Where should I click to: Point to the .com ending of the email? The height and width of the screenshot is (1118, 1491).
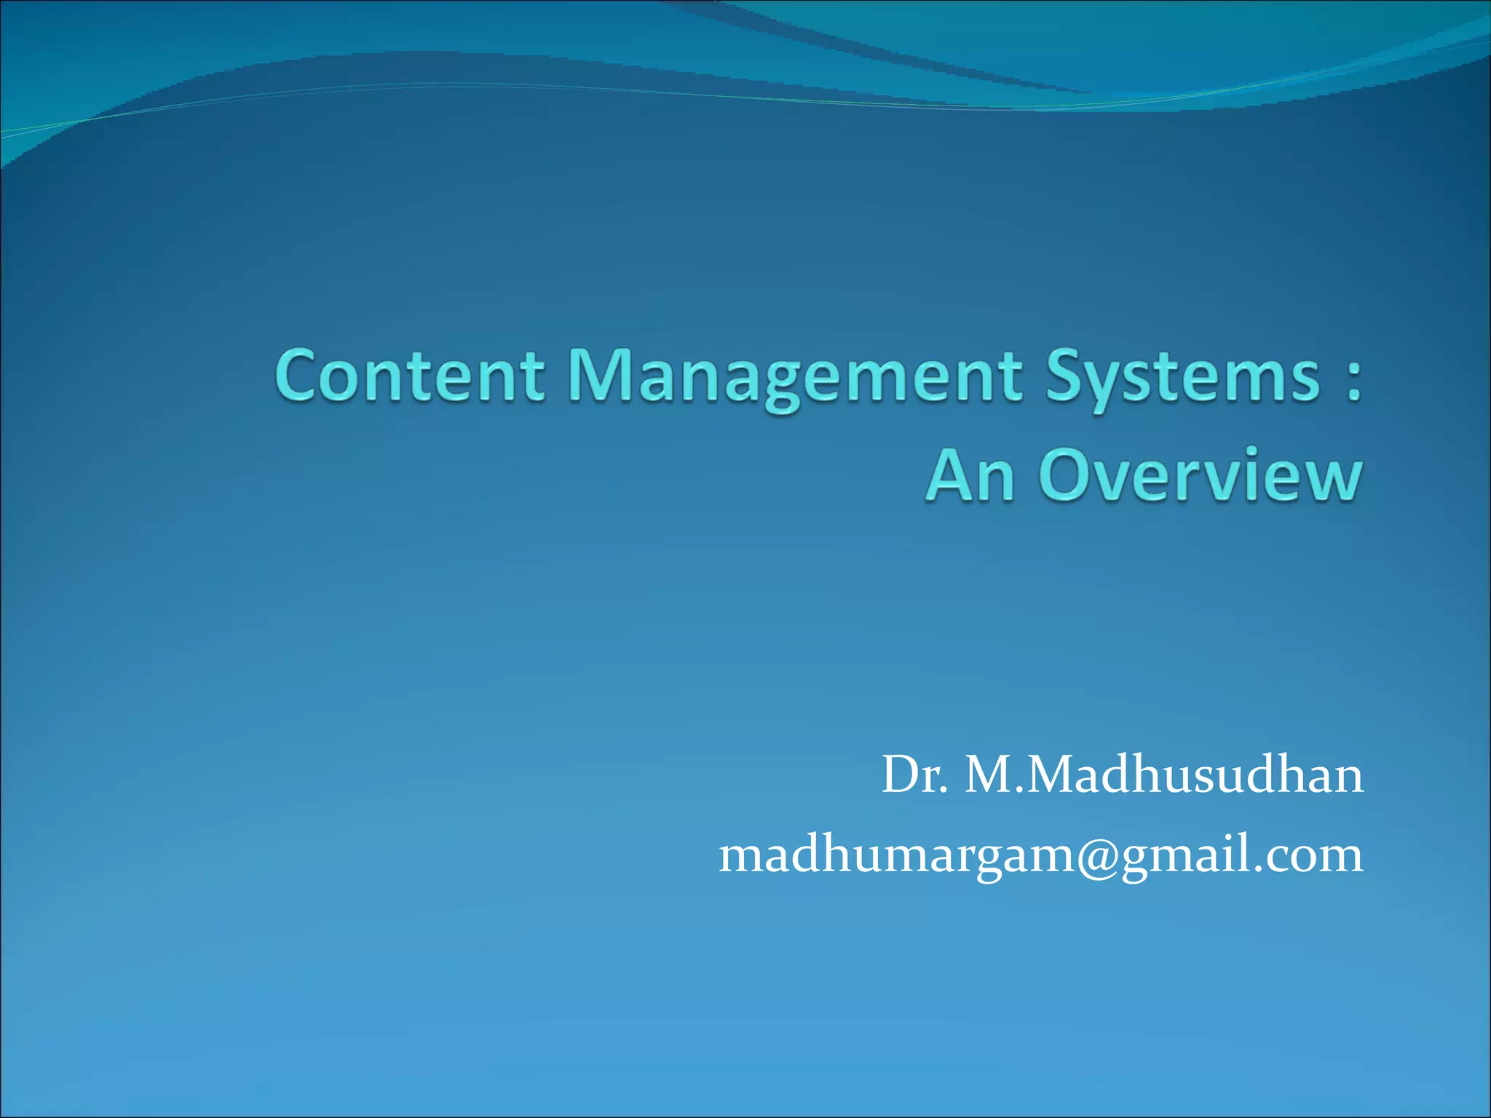(x=1311, y=856)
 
